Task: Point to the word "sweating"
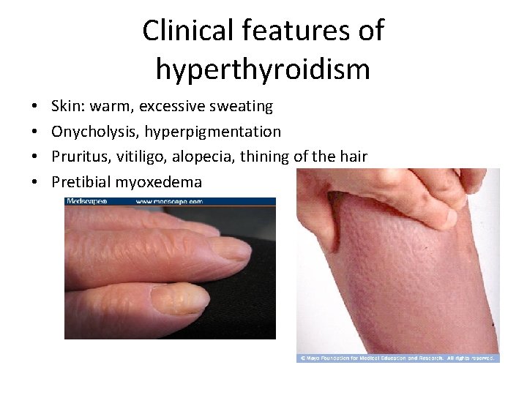tap(242, 107)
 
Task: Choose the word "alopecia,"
tap(203, 157)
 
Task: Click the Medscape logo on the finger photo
tap(87, 201)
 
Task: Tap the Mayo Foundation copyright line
tap(397, 358)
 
